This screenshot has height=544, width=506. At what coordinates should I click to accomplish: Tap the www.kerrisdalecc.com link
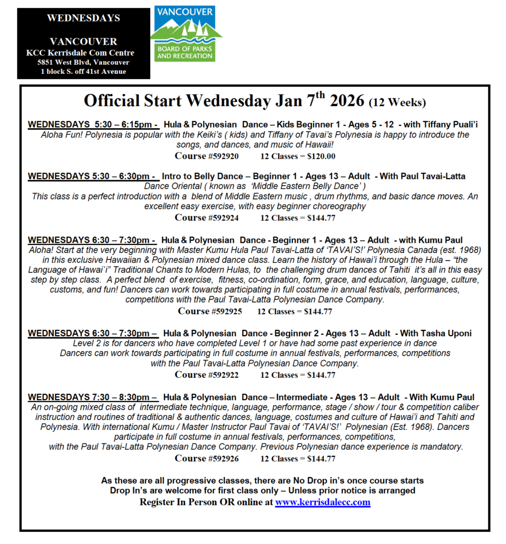322,502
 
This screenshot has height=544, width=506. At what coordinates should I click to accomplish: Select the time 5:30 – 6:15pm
122,124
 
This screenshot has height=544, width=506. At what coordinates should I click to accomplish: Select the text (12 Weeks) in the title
398,102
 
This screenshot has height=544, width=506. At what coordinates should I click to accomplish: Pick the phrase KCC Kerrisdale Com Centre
80,53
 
